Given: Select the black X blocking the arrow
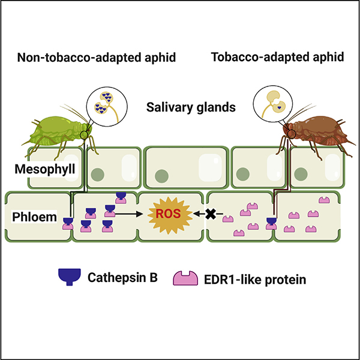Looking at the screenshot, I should click(x=211, y=213).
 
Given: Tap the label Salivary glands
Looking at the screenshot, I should click(x=180, y=108).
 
